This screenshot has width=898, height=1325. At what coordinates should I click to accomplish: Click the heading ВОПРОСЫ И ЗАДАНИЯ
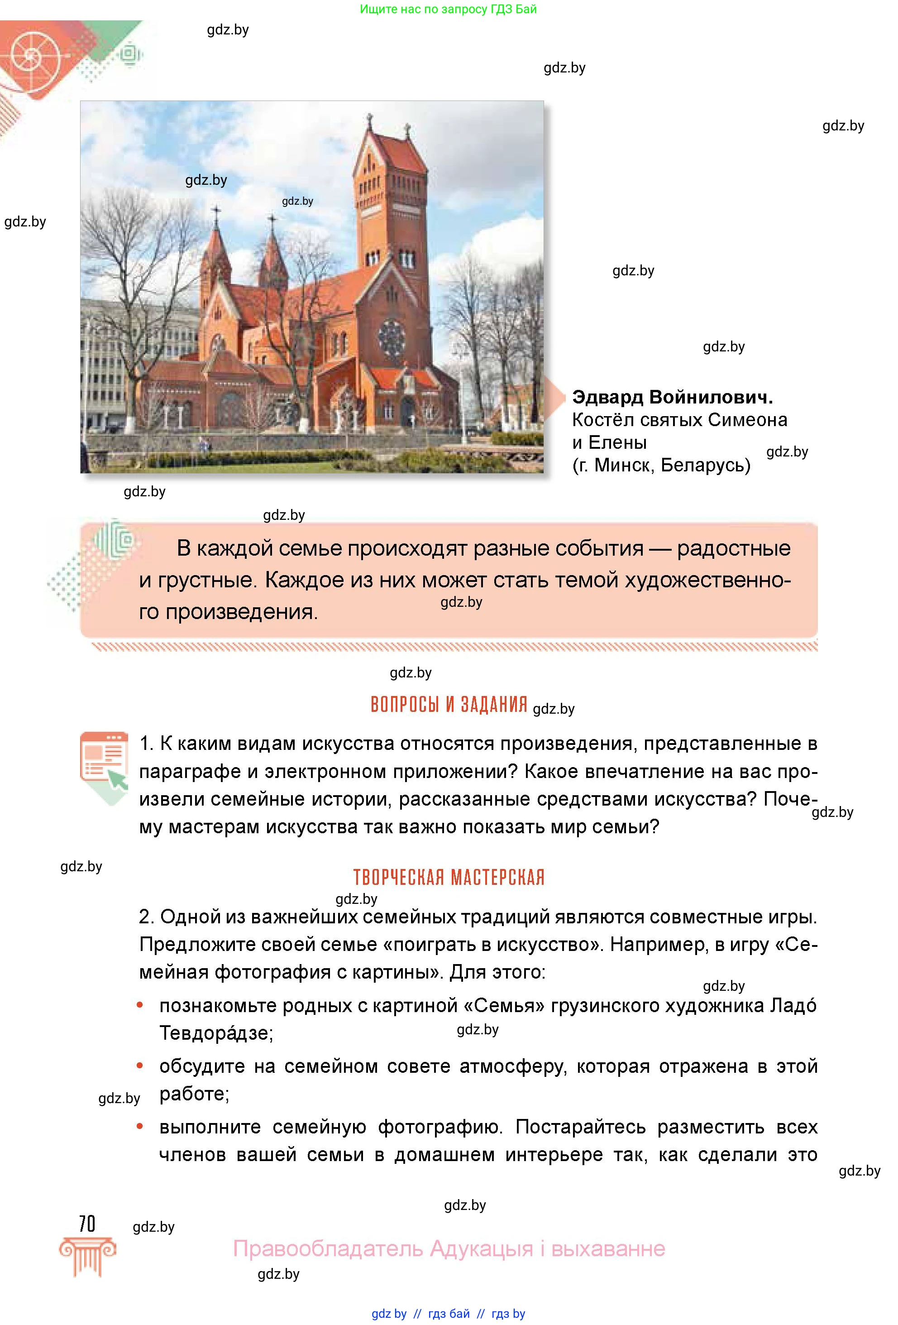pyautogui.click(x=449, y=705)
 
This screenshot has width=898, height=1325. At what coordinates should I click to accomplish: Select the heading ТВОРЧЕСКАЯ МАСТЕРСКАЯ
pyautogui.click(x=449, y=877)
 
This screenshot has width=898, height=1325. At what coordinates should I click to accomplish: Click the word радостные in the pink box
pyautogui.click(x=733, y=548)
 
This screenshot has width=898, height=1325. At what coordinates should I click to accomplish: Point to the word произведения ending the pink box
pyautogui.click(x=240, y=612)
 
